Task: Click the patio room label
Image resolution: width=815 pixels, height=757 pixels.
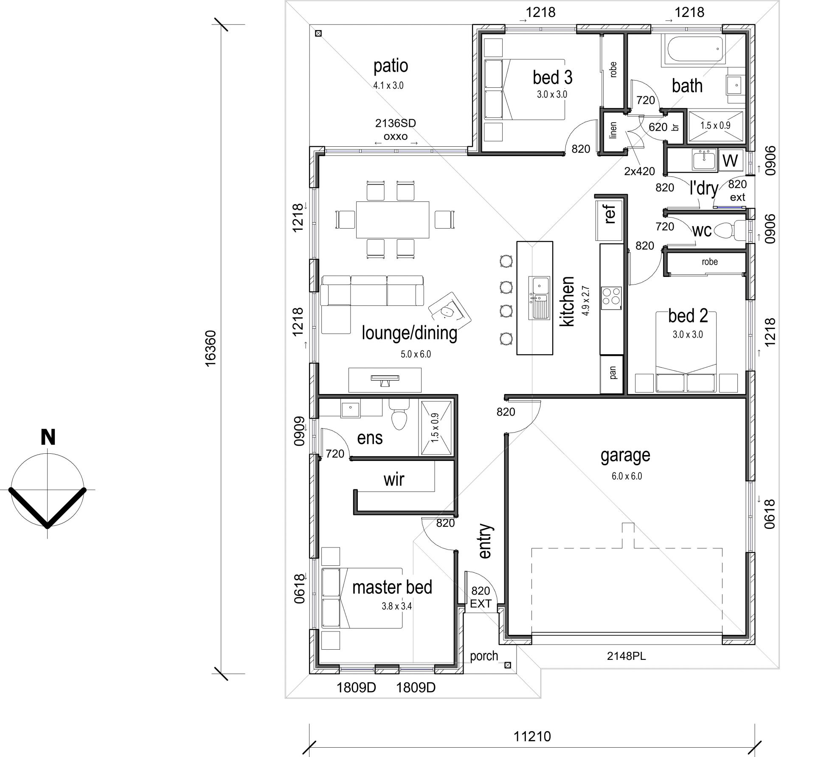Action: point(391,66)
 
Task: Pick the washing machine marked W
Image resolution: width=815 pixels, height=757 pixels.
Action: point(730,160)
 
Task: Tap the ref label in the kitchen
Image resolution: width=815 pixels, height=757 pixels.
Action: point(610,214)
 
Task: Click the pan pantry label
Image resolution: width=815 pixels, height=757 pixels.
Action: point(613,372)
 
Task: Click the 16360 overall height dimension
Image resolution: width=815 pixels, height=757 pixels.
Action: point(211,348)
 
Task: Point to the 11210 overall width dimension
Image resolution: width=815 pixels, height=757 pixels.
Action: point(532,736)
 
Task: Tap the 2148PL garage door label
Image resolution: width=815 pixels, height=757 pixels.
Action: point(626,656)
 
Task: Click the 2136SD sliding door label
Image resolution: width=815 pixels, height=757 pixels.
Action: point(395,123)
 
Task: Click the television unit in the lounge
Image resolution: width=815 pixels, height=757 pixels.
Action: point(385,380)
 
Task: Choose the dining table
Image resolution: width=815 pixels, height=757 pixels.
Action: point(392,220)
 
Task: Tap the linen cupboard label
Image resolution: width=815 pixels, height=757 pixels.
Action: point(613,130)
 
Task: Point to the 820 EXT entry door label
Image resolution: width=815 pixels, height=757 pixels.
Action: point(481,597)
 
